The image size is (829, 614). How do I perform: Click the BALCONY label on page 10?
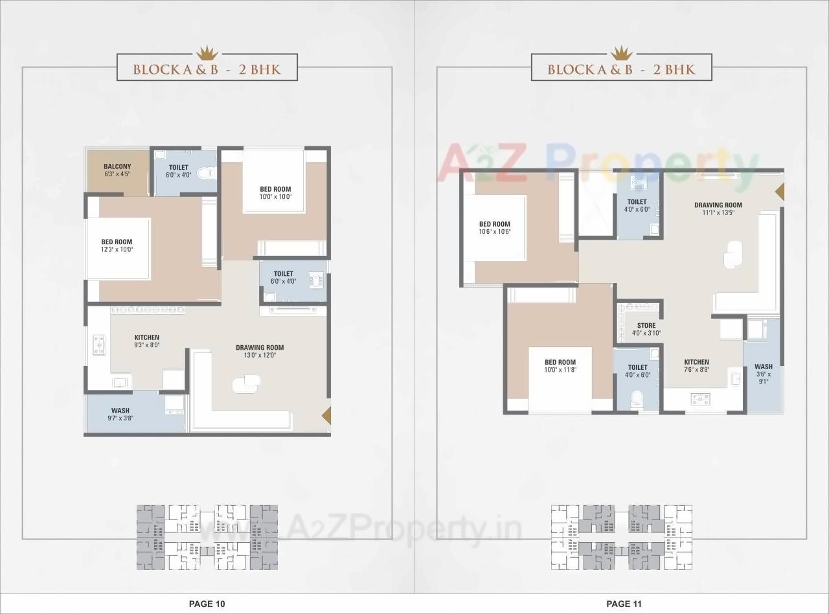117,167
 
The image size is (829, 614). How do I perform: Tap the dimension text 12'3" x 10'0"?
117,250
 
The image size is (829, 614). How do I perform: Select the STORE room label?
646,326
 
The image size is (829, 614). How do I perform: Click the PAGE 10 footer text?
207,604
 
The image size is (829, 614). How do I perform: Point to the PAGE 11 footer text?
624,604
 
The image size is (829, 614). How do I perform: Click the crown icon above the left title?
207,51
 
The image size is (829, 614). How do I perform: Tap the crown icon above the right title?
621,51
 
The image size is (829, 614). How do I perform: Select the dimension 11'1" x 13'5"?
718,212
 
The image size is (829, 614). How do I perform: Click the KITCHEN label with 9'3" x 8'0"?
147,337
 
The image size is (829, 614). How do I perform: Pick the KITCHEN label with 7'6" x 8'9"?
696,362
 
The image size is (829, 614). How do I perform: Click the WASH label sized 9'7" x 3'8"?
120,411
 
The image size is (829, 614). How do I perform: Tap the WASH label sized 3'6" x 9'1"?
764,367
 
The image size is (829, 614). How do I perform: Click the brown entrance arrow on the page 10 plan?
327,415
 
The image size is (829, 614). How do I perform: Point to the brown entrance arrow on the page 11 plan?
780,192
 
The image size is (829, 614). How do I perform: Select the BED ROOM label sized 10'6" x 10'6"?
495,224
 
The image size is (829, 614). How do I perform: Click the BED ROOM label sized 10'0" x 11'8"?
560,363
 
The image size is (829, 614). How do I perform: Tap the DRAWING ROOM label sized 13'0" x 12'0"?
260,348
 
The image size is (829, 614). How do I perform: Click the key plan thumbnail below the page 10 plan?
207,537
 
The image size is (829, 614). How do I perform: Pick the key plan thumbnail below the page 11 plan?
621,537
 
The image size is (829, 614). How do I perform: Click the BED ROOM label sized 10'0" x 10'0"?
275,189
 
